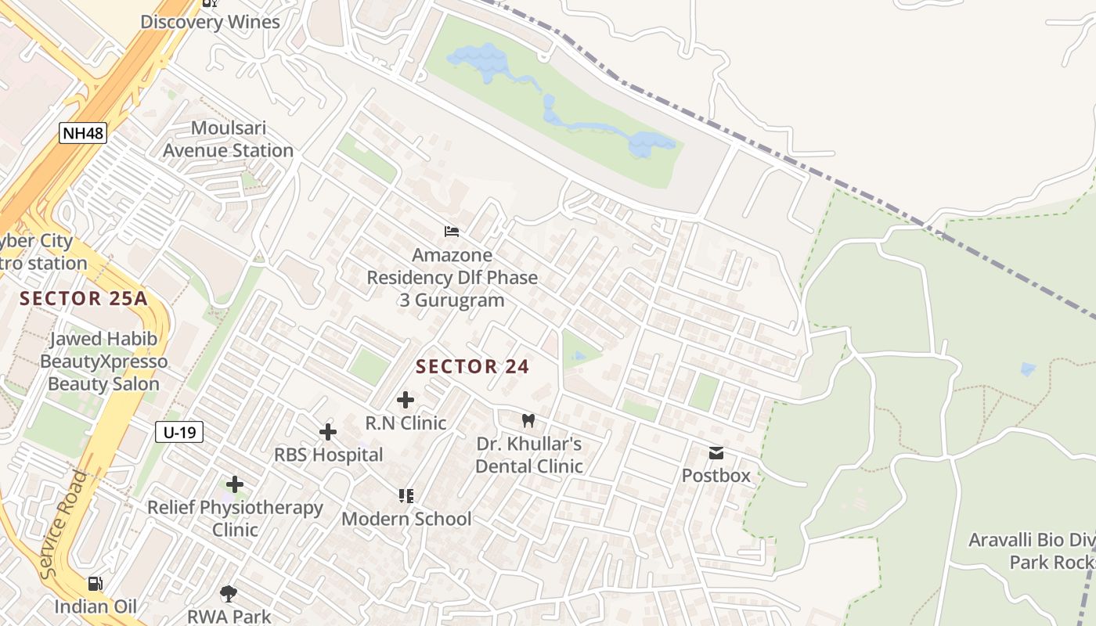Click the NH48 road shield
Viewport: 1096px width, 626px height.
(82, 133)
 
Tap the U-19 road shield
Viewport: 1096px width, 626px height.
(179, 432)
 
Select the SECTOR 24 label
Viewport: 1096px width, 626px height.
(472, 366)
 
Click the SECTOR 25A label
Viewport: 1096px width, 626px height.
(84, 298)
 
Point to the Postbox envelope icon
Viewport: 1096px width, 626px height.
(716, 453)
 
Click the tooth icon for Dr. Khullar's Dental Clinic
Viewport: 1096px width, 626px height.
(528, 420)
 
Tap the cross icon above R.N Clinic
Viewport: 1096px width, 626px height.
(405, 400)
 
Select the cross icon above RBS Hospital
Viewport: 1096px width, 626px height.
(328, 432)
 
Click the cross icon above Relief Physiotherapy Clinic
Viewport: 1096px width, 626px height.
(235, 484)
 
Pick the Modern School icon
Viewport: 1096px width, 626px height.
(406, 495)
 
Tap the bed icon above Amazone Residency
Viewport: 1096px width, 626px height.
(452, 232)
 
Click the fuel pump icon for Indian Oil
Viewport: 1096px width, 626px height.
(95, 584)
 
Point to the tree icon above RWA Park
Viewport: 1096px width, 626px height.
(229, 593)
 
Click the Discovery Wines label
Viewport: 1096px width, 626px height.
(210, 22)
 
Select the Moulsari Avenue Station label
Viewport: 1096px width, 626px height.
(229, 139)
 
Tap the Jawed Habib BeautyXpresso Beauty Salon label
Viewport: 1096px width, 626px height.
(103, 362)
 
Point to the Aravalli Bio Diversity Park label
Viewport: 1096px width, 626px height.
(1031, 551)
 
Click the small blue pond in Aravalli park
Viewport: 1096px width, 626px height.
(1028, 368)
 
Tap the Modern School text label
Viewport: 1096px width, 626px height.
(406, 519)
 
